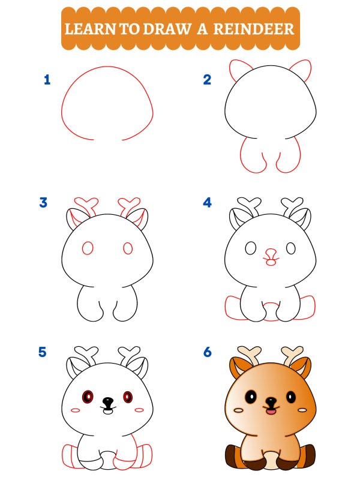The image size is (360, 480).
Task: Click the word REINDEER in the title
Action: (254, 29)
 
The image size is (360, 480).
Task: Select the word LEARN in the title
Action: (91, 29)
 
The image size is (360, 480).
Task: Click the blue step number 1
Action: (47, 80)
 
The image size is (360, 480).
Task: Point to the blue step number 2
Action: (207, 80)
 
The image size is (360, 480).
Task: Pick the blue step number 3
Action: (43, 202)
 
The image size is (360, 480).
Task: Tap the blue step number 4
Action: (207, 202)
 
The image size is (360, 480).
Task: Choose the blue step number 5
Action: (43, 352)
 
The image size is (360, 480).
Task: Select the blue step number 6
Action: (207, 352)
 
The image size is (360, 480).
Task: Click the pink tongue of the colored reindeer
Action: (271, 412)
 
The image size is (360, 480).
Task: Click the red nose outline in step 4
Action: (271, 254)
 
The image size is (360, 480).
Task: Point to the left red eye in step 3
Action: (88, 248)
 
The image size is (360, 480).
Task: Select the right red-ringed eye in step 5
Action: (128, 397)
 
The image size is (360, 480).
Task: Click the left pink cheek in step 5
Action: (76, 410)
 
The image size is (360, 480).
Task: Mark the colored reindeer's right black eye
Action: (291, 397)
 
